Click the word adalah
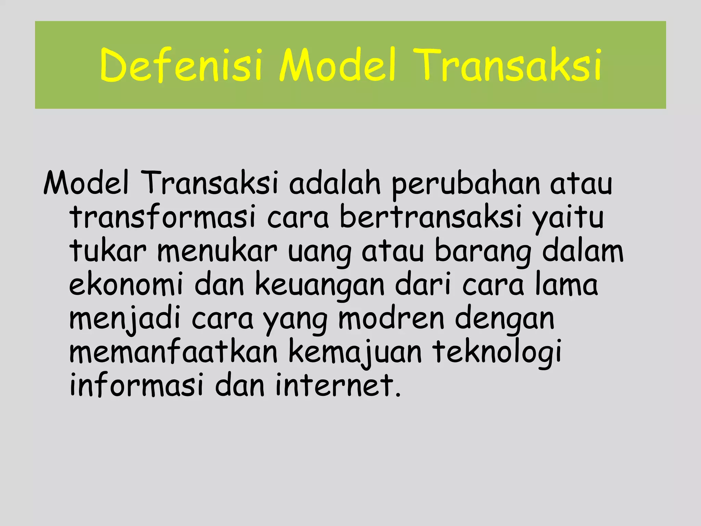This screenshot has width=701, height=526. coord(335,184)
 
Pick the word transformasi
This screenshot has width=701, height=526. coord(163,217)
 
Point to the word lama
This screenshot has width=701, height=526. coord(566,284)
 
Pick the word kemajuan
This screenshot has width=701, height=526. coord(355,353)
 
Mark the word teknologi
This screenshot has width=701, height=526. coord(497,353)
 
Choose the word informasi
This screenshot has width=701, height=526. coord(137,385)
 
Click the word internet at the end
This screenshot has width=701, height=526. coord(337,385)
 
